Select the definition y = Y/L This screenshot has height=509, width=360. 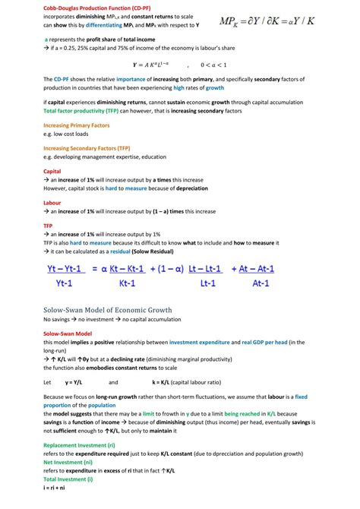coord(77,382)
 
